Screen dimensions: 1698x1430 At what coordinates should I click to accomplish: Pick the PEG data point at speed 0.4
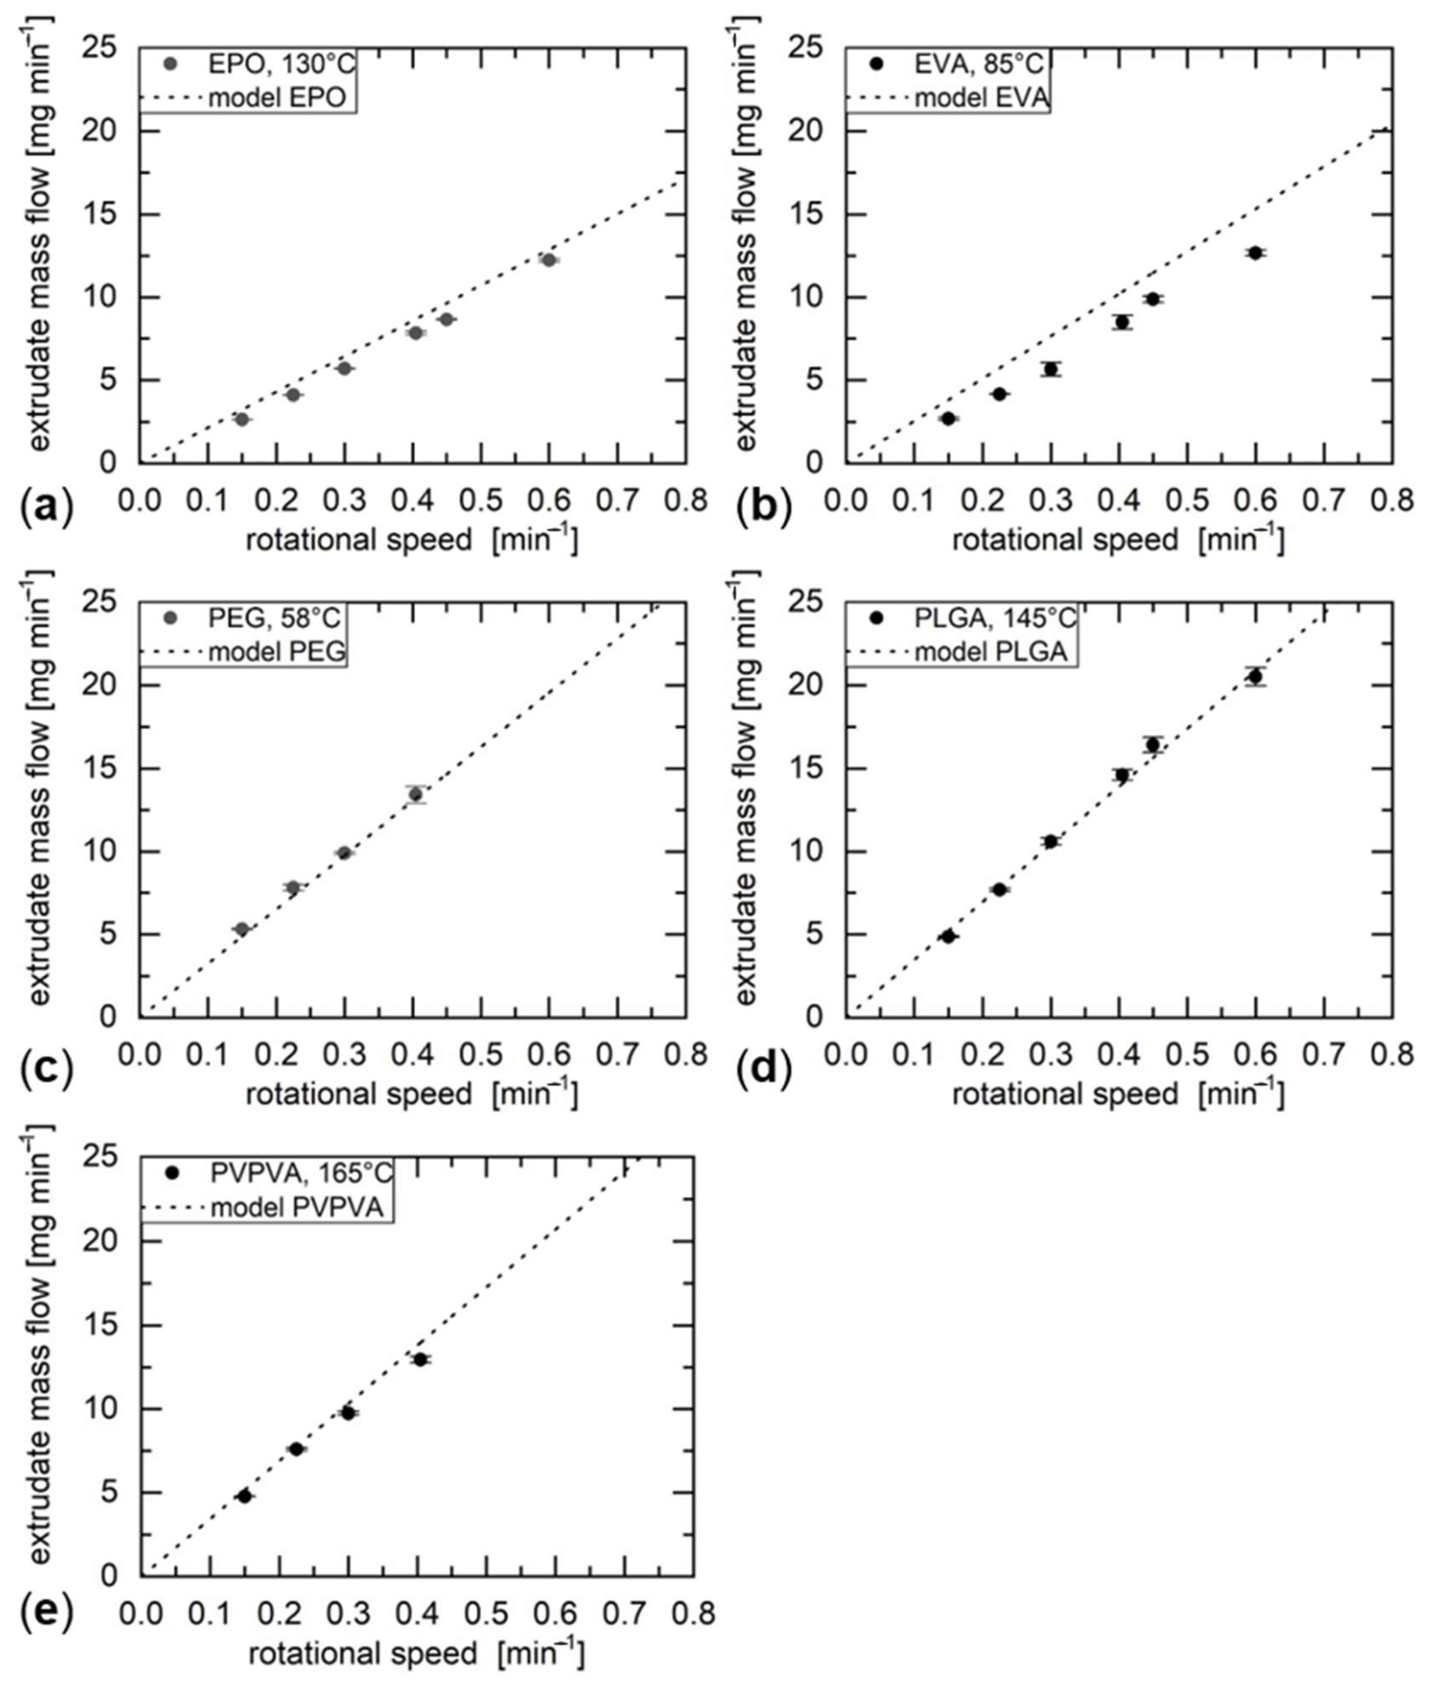(416, 794)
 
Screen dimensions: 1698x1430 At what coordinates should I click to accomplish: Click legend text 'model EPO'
(277, 98)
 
